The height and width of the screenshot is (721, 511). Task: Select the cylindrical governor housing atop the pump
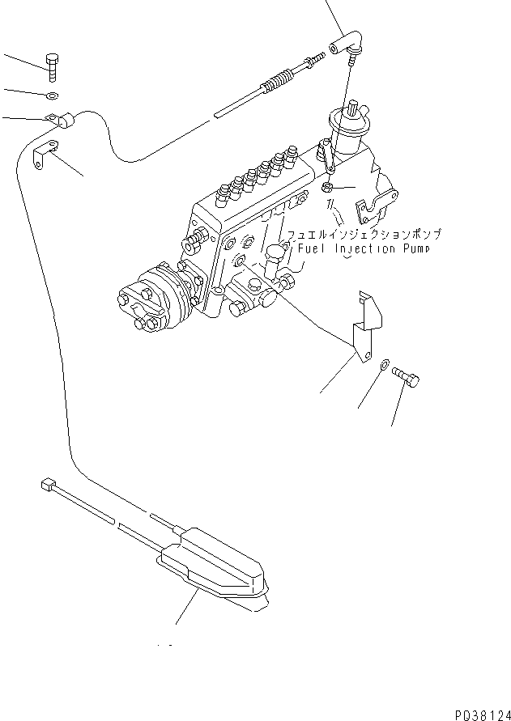pos(346,130)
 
